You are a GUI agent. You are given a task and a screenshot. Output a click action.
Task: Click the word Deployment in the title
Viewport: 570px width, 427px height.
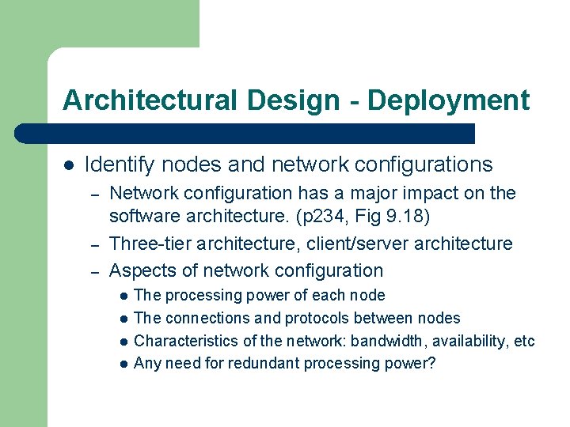pos(448,100)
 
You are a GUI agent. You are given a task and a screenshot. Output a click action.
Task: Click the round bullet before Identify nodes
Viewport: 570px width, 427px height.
pos(69,165)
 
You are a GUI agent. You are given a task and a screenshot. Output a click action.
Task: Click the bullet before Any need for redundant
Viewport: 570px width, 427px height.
pos(123,364)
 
